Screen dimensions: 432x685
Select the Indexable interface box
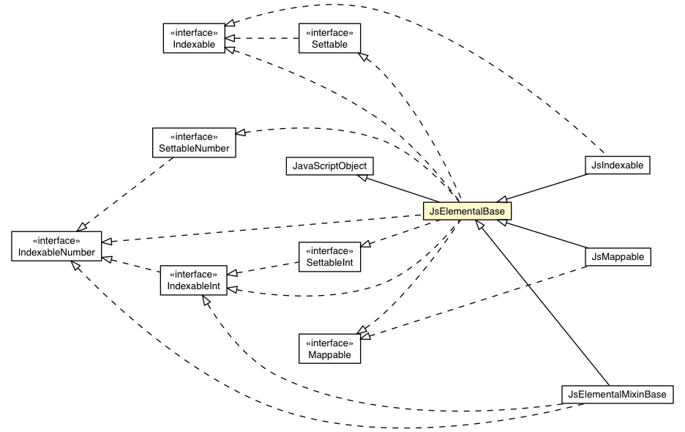coord(193,38)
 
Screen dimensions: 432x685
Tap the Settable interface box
coord(329,38)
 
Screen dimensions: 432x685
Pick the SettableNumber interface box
coord(194,143)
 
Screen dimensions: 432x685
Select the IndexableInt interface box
coord(193,280)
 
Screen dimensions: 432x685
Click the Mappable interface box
coord(329,349)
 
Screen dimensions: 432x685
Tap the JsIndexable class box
coord(618,165)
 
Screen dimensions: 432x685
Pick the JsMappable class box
coord(618,257)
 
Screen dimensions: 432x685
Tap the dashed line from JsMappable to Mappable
coord(476,300)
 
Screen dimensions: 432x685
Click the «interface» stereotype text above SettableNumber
coord(194,137)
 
